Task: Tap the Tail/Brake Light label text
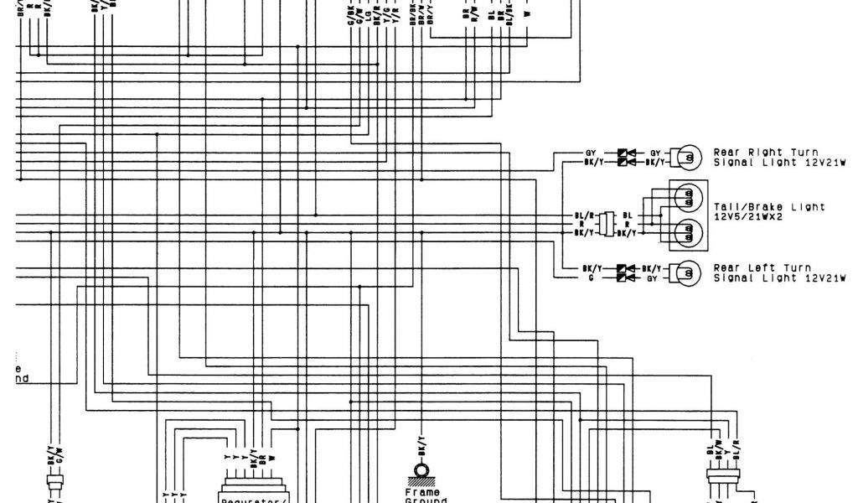click(768, 206)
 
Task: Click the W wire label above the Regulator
click(271, 459)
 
